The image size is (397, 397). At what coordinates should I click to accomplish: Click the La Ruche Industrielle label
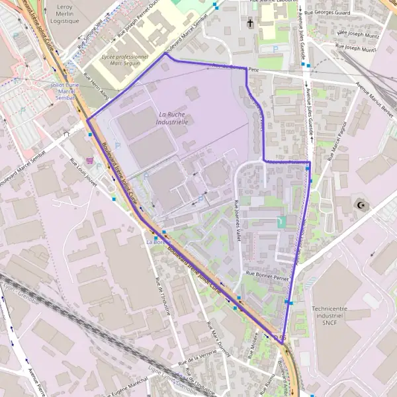click(x=173, y=118)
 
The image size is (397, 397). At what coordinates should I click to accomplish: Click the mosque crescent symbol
click(x=361, y=205)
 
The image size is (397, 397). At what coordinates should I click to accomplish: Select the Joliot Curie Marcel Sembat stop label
click(x=65, y=91)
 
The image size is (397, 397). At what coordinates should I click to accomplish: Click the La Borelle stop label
click(x=155, y=242)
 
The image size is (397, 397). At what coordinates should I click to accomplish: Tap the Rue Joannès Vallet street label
click(x=237, y=218)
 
